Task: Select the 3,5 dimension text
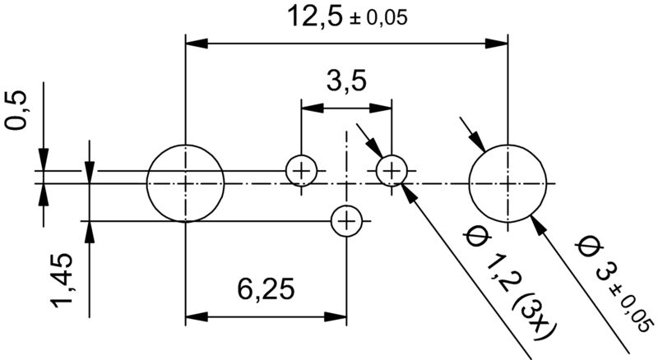(x=345, y=82)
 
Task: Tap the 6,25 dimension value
(x=266, y=290)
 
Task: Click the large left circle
(x=186, y=182)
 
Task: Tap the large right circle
(x=507, y=182)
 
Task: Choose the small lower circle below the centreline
(x=346, y=220)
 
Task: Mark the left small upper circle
(x=302, y=171)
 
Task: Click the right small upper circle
(x=392, y=171)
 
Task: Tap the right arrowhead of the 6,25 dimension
(x=337, y=316)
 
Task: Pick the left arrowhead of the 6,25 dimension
(x=196, y=316)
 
